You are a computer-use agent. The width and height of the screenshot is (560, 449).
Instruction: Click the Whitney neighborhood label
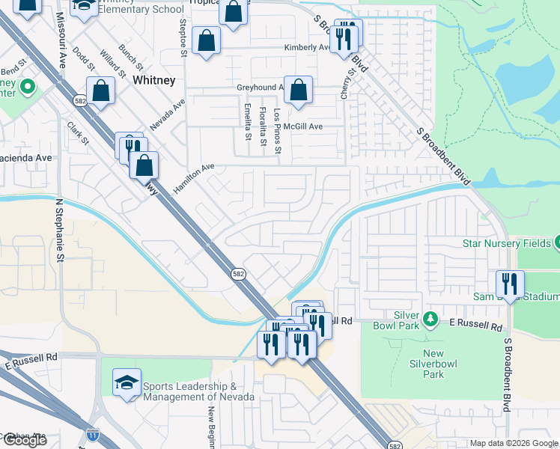(153, 80)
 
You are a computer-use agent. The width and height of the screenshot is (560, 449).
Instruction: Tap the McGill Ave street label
(302, 126)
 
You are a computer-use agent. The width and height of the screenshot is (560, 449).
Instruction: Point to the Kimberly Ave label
(306, 48)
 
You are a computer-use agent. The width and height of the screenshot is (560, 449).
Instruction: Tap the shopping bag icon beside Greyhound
(298, 91)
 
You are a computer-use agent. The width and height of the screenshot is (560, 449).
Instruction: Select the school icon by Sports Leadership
(127, 383)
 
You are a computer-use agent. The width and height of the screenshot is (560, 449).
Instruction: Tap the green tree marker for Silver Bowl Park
(430, 320)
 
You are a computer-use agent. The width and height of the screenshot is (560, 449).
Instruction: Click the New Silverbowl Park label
(433, 364)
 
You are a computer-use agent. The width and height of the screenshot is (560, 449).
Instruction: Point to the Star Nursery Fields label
(507, 243)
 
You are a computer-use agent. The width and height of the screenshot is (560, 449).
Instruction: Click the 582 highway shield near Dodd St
(79, 100)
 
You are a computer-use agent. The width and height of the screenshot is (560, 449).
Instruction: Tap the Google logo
(24, 440)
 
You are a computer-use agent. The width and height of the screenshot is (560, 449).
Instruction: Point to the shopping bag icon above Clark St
(100, 92)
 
